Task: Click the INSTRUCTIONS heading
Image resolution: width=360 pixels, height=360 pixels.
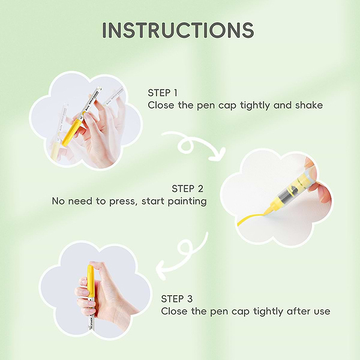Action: click(x=178, y=30)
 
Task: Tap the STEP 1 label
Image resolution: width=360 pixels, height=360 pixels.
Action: click(x=163, y=93)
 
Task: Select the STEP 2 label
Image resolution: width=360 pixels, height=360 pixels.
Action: click(x=188, y=189)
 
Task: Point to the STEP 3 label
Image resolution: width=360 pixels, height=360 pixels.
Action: click(x=177, y=299)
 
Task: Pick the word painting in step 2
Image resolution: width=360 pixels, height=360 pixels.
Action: click(x=187, y=202)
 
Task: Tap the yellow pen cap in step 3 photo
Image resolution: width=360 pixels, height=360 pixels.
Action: click(x=89, y=281)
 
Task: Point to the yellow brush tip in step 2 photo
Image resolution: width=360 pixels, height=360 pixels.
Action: click(x=269, y=210)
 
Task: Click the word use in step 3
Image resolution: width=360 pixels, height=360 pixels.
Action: click(x=322, y=312)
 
